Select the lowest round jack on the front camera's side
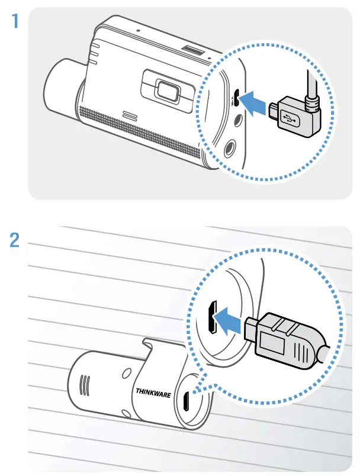(x=230, y=145)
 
